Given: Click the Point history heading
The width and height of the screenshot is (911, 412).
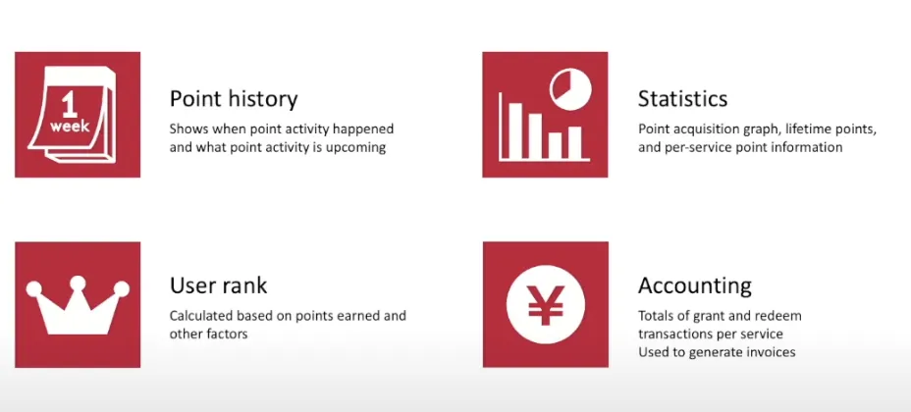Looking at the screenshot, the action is click(x=234, y=99).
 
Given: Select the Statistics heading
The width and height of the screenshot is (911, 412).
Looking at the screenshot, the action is click(x=682, y=99).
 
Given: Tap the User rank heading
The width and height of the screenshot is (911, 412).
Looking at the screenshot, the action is click(x=219, y=285).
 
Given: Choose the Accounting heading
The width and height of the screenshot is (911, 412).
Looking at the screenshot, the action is click(x=695, y=286).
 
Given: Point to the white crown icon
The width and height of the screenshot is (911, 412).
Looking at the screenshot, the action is click(x=78, y=305).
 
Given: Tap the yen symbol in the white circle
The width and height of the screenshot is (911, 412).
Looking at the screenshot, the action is click(x=546, y=305).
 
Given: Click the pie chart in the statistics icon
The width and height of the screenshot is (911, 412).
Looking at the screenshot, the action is click(x=570, y=89).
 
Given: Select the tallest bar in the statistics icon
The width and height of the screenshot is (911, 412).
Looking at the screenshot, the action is click(x=515, y=130).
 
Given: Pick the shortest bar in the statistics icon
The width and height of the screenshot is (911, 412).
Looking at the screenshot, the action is click(x=555, y=145).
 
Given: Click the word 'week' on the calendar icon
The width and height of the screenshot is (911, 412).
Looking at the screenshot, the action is click(x=70, y=126).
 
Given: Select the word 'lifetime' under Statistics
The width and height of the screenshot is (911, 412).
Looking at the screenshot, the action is click(x=807, y=129).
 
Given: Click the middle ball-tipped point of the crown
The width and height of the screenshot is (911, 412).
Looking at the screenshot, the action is click(x=78, y=283).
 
